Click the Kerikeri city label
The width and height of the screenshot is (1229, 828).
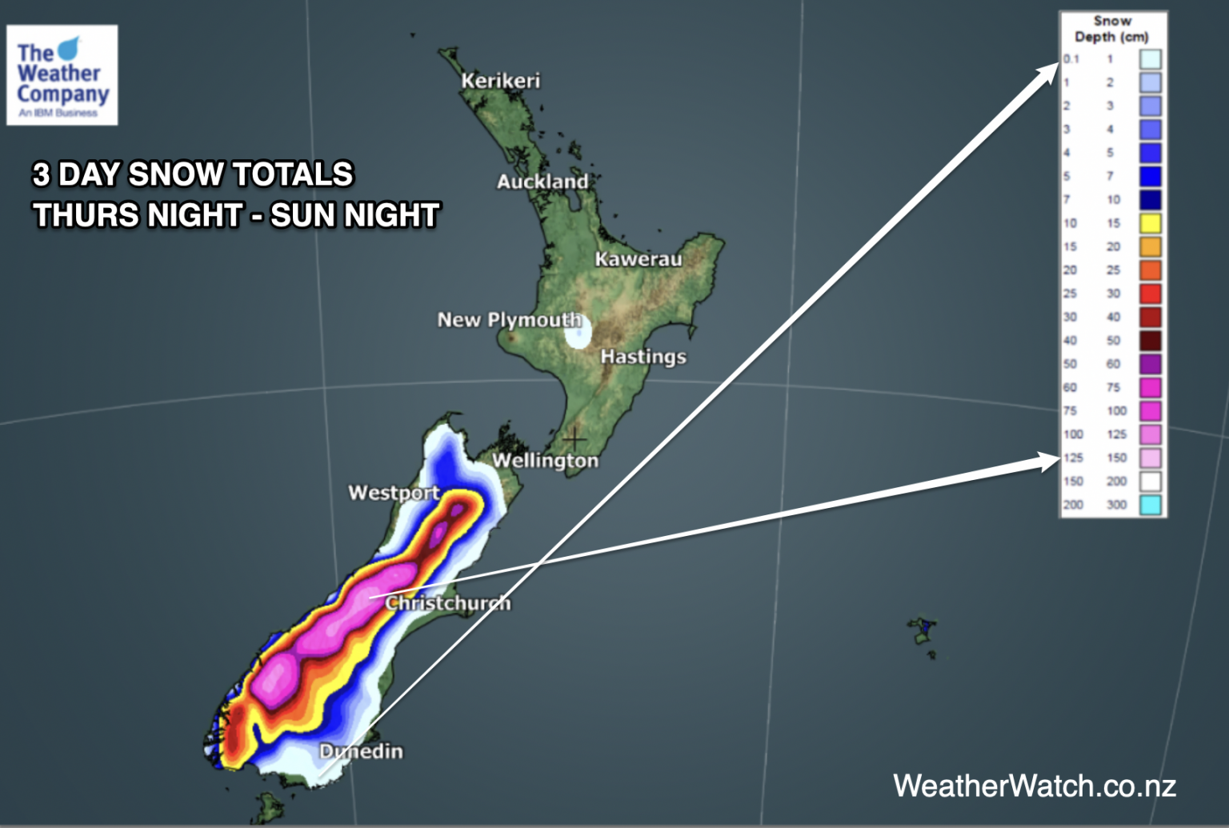[500, 81]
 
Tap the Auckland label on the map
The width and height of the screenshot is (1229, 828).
[542, 182]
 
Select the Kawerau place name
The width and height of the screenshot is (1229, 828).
[638, 259]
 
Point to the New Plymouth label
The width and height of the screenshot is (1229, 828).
[509, 320]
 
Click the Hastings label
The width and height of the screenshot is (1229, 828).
[643, 357]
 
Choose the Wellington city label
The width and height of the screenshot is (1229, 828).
[545, 461]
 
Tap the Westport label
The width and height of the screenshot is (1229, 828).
[394, 493]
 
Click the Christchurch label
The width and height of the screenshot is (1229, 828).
[447, 602]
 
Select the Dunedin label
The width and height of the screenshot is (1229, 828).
[361, 751]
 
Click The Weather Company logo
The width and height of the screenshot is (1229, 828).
[62, 75]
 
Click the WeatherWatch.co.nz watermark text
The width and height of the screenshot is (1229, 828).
[1034, 786]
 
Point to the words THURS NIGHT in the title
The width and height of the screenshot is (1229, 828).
[138, 215]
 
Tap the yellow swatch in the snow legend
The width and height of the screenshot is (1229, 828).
[1150, 223]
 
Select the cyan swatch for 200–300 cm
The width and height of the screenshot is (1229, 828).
[1150, 505]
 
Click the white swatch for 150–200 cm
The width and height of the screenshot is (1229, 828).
[1150, 482]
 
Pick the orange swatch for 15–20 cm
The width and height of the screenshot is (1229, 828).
[1150, 246]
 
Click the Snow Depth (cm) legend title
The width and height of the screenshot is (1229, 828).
[1111, 29]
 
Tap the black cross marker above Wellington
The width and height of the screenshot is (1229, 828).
[574, 438]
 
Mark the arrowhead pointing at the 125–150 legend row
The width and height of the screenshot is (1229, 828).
[1050, 461]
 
